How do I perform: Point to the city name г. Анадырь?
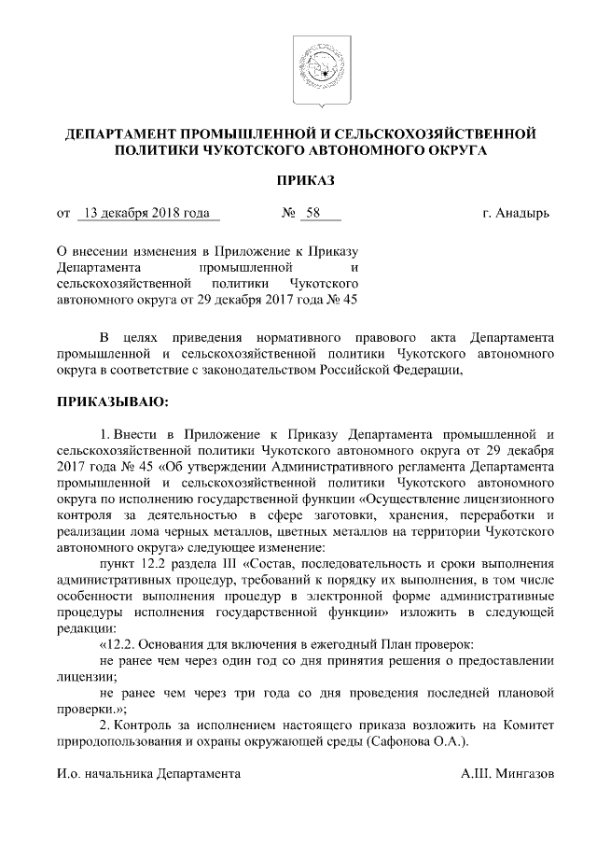pos(516,213)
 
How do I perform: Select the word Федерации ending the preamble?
pos(430,369)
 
